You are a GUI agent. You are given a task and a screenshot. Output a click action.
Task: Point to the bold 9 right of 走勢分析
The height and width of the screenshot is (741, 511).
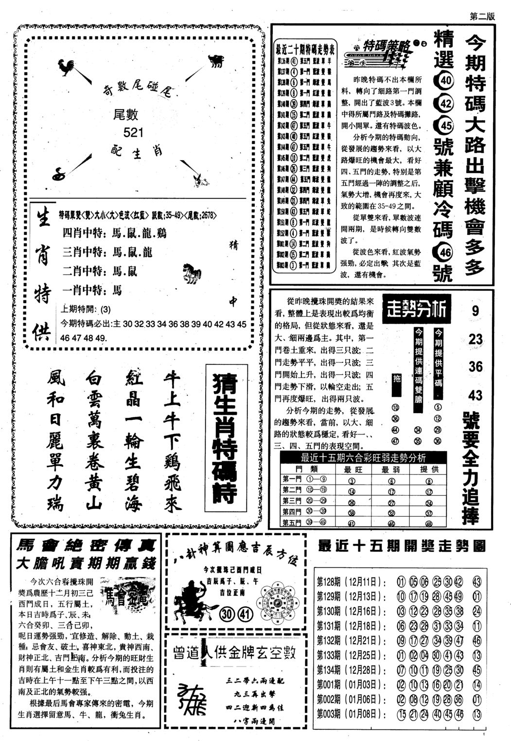point(475,311)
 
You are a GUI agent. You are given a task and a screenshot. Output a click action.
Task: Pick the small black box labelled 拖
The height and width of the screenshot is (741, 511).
point(397,379)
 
